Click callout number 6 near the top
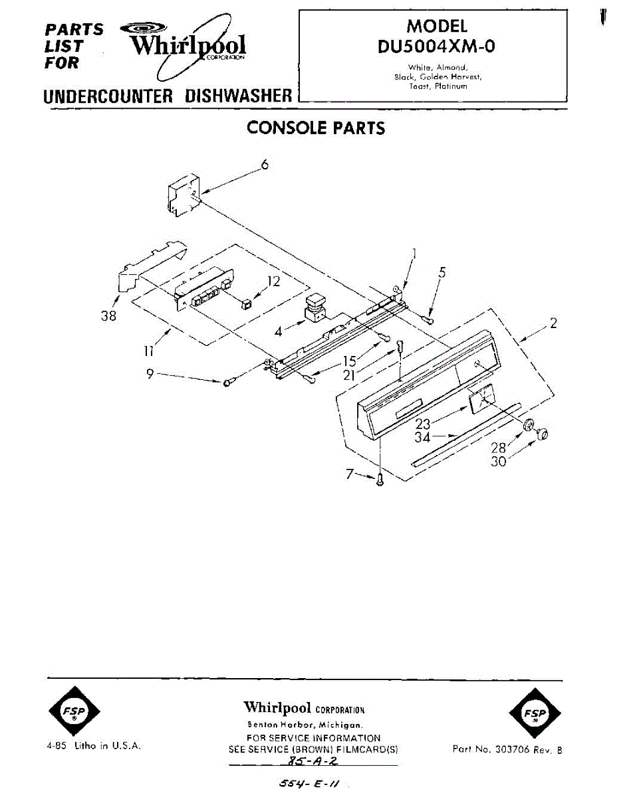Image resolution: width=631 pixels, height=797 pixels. pos(265,165)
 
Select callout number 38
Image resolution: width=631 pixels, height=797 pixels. pos(108,316)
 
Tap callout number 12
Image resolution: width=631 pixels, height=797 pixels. pos(273,281)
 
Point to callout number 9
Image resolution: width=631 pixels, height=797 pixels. pos(151,374)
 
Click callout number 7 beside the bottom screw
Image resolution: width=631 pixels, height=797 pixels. pos(350,474)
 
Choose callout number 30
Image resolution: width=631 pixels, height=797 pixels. pos(498,462)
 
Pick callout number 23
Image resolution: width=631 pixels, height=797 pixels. pos(423,423)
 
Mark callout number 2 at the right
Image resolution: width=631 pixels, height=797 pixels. pos(553,323)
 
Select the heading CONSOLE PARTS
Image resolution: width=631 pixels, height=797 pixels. pos(316,128)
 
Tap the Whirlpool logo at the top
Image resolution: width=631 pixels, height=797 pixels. pos(188,45)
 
